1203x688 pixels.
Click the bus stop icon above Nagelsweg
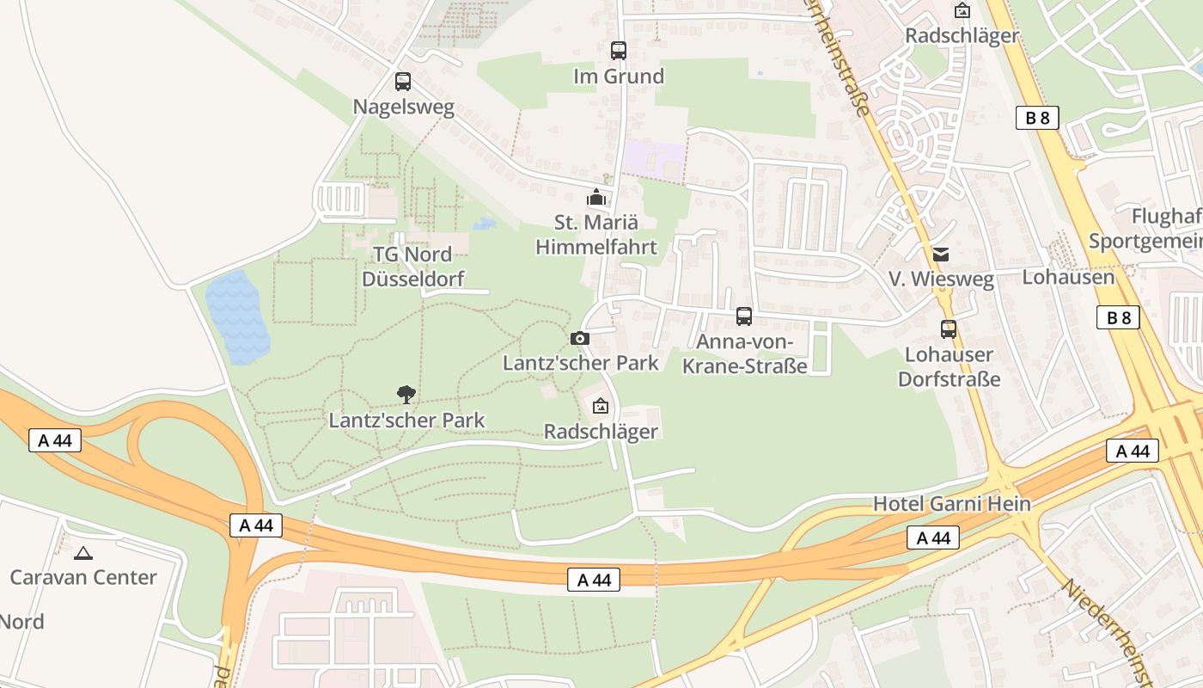(x=403, y=82)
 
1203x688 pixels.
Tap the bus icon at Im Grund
(x=619, y=51)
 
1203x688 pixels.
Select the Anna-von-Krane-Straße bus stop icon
(x=744, y=316)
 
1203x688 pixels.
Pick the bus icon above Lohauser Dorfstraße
(x=949, y=329)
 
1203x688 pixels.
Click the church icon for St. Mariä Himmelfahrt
(x=595, y=198)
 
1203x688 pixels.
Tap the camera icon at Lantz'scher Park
(x=580, y=338)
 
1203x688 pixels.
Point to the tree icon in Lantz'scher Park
(x=406, y=395)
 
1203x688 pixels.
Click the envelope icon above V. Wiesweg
(x=941, y=254)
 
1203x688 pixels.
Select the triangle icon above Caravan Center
(x=83, y=553)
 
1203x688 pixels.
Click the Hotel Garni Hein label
(x=952, y=504)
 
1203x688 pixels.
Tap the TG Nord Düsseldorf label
(x=412, y=267)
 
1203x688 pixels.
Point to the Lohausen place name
(x=1067, y=277)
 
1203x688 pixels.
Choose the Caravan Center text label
(x=83, y=577)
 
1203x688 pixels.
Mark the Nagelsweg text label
(x=404, y=107)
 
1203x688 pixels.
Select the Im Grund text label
(x=619, y=77)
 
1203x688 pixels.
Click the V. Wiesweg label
(x=941, y=279)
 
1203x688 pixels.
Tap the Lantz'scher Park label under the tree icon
(x=406, y=421)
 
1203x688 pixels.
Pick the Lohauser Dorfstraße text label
(x=949, y=366)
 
